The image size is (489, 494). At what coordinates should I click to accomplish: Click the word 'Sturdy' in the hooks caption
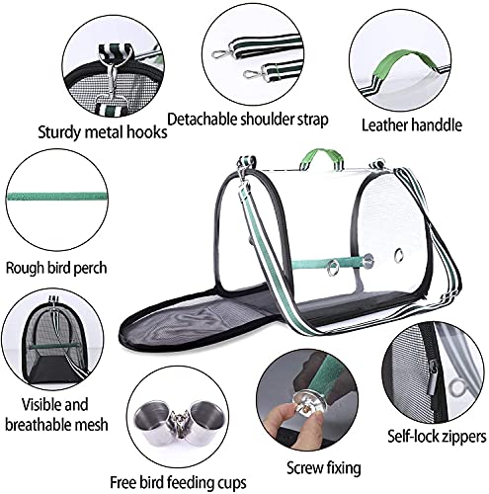(x=59, y=132)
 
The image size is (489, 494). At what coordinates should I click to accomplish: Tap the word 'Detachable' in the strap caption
(x=202, y=120)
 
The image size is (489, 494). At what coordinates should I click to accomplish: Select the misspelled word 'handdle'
(x=437, y=125)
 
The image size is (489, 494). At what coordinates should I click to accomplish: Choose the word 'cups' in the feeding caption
(x=231, y=483)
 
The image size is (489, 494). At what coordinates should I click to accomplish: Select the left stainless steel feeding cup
(x=154, y=420)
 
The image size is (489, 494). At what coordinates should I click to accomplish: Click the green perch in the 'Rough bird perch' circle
(x=56, y=197)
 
